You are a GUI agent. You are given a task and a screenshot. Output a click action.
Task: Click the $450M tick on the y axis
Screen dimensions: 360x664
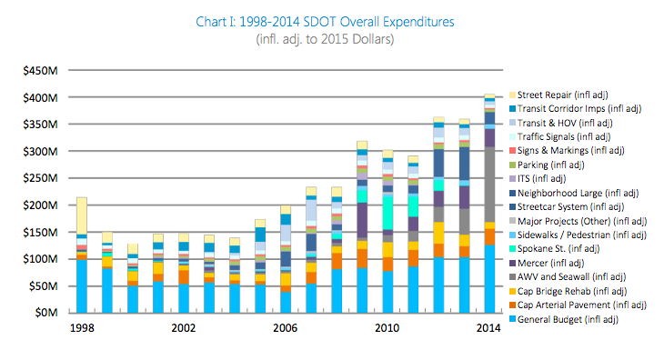tap(42, 70)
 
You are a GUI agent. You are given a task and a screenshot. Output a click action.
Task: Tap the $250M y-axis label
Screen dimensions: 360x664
tap(42, 178)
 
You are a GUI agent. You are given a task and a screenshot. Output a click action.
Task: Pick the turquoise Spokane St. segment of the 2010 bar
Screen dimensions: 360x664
tap(387, 214)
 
